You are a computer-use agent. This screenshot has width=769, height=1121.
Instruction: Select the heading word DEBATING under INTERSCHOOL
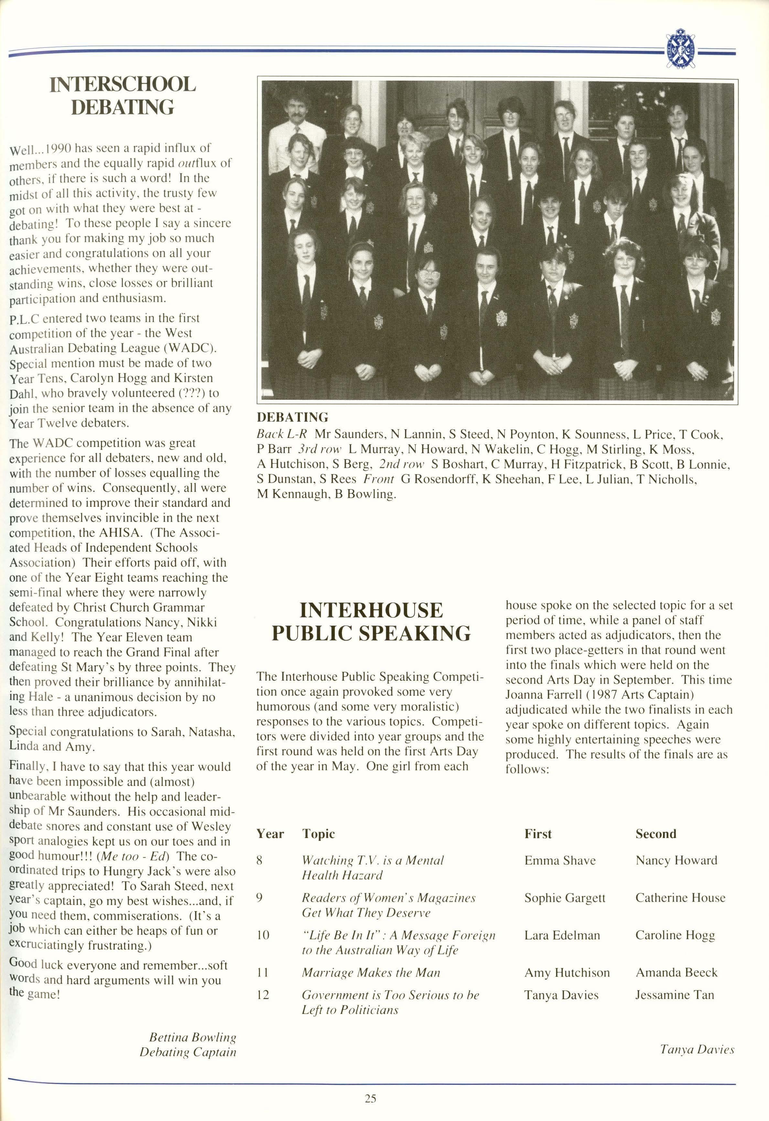[123, 107]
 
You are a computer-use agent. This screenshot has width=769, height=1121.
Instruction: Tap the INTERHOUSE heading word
[371, 610]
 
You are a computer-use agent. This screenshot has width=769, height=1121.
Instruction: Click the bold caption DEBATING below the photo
[292, 417]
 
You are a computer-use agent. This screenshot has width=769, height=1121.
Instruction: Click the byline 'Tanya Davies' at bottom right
[697, 1050]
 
